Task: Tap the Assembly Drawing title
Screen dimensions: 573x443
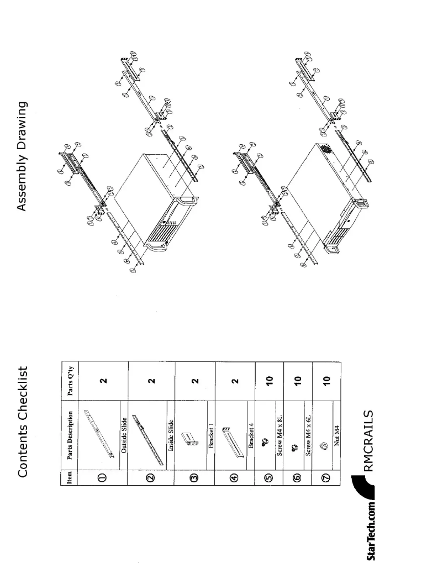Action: (x=23, y=156)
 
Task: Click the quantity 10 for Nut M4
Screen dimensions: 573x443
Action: (x=326, y=380)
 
